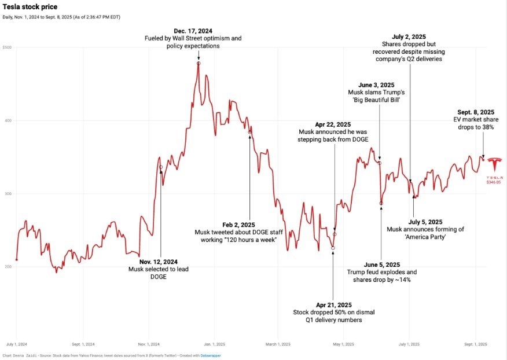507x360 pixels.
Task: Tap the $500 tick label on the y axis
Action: (7, 47)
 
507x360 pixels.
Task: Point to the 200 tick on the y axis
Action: (7, 267)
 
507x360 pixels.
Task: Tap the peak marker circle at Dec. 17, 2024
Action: (199, 63)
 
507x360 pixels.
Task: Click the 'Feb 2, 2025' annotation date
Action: (238, 224)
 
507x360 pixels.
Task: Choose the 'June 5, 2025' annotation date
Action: (381, 264)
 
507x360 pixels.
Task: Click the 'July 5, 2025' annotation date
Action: (425, 222)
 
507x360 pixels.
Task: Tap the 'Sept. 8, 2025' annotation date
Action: (475, 112)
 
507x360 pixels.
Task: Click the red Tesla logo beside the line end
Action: (494, 163)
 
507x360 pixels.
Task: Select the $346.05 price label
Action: (494, 182)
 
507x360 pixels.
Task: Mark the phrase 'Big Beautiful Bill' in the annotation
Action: (379, 100)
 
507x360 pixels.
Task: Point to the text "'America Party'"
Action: (425, 237)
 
